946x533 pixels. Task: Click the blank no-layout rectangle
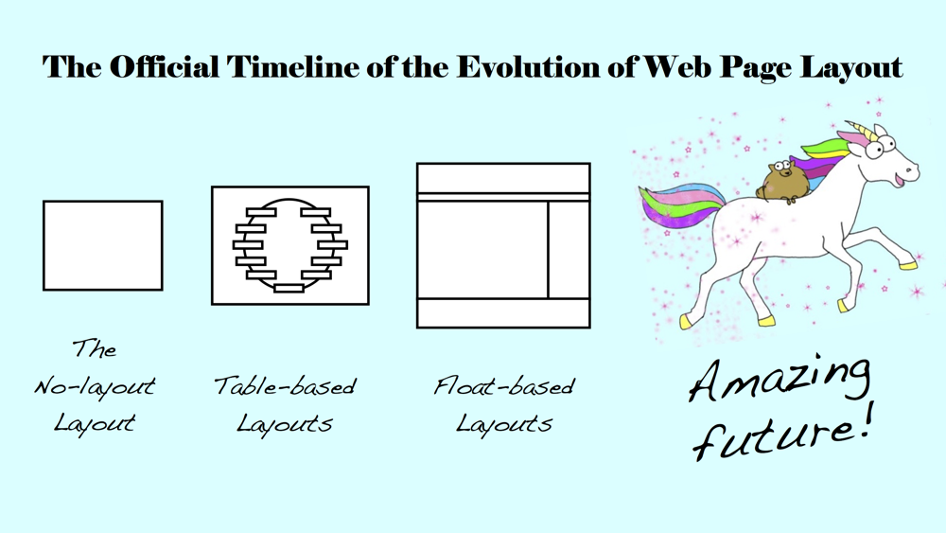tap(103, 245)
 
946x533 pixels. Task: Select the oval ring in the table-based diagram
tap(289, 244)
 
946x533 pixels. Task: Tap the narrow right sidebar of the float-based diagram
tap(569, 250)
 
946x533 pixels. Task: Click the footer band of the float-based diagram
tap(503, 312)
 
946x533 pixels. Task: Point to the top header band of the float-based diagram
tap(503, 178)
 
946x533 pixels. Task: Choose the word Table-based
tap(285, 386)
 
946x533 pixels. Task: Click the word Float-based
tap(504, 386)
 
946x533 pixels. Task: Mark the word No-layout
tap(95, 386)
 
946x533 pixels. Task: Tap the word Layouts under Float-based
tap(504, 423)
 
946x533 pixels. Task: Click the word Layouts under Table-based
tap(285, 423)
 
